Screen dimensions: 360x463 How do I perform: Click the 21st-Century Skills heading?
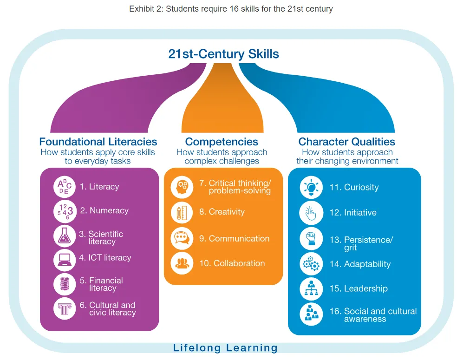click(223, 54)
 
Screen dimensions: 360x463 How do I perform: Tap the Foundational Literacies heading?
click(98, 142)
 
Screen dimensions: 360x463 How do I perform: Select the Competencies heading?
click(222, 142)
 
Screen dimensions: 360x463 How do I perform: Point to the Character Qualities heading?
click(347, 142)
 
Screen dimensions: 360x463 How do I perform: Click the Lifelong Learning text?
click(225, 347)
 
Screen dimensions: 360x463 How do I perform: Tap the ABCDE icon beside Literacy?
click(65, 187)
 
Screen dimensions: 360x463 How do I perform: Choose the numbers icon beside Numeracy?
click(65, 211)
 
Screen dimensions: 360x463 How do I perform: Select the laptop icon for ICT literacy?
click(65, 260)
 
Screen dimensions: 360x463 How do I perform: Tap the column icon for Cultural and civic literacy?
click(65, 308)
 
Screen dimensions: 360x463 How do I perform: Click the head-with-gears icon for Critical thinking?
click(182, 187)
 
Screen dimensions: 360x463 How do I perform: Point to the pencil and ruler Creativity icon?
click(182, 212)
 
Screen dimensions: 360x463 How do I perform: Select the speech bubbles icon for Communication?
click(182, 239)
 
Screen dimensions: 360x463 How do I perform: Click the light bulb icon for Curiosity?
click(311, 188)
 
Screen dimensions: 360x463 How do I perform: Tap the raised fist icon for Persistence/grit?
click(311, 238)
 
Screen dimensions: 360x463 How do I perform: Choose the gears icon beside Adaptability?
click(311, 264)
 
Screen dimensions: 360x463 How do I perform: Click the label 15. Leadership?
click(359, 288)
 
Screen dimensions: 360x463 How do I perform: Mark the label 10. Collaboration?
click(232, 263)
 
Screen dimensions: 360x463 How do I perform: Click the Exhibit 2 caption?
click(231, 9)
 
